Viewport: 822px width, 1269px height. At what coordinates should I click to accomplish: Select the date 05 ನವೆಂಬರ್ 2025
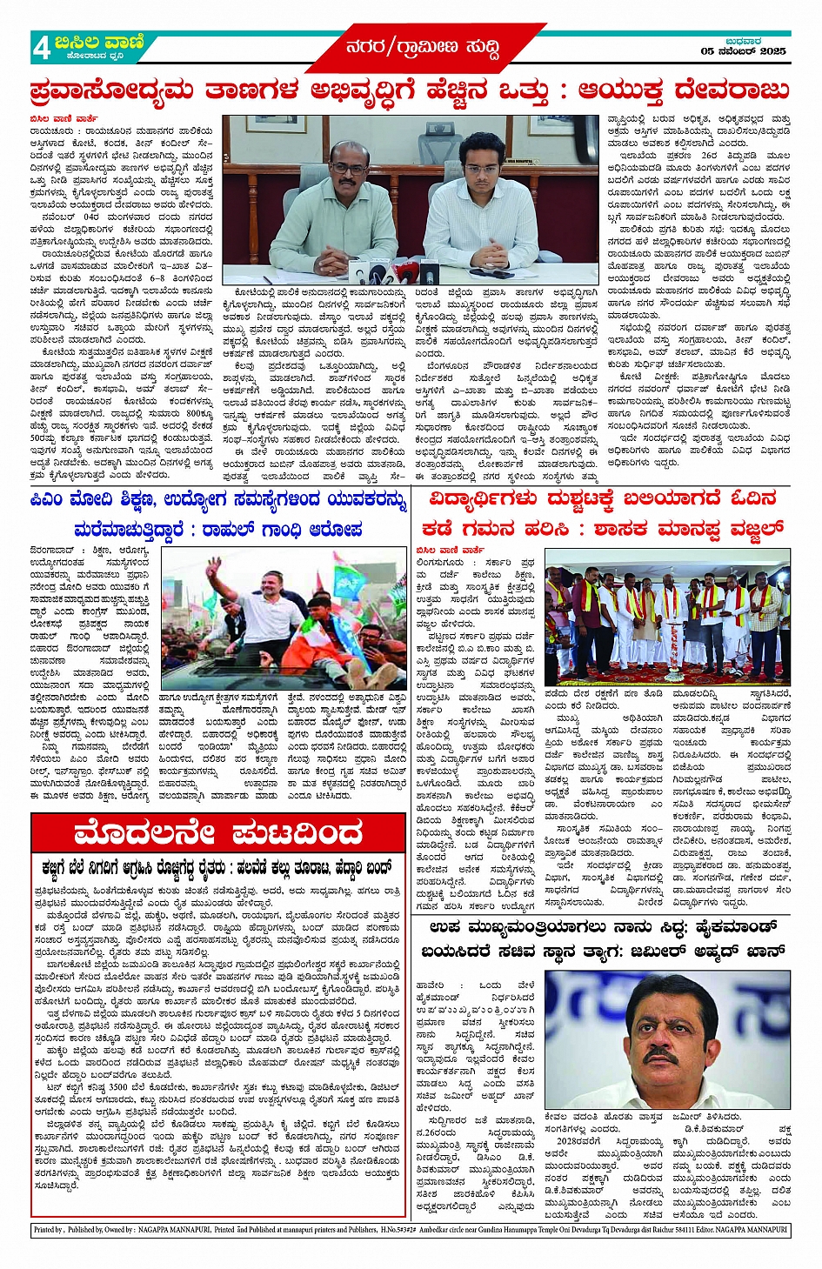(743, 51)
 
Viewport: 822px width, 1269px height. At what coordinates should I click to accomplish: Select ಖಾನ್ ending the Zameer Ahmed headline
(764, 951)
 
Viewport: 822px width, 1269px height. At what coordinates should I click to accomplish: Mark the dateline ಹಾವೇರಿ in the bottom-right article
(434, 985)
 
